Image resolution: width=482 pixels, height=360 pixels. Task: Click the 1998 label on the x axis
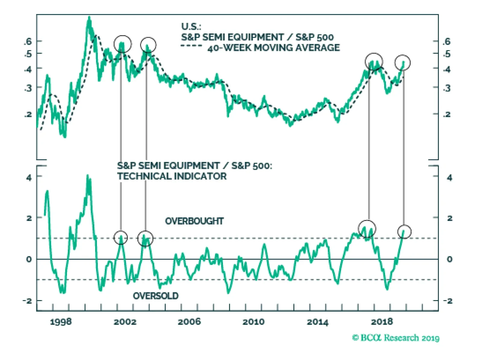click(x=61, y=321)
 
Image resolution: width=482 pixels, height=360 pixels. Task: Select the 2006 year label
click(x=189, y=321)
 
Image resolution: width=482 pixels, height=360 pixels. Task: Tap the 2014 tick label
click(x=318, y=322)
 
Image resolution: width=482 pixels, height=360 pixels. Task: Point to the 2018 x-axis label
click(x=382, y=321)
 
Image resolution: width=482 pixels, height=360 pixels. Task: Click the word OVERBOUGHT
click(x=194, y=221)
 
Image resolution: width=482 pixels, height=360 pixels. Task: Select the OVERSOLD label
click(x=156, y=296)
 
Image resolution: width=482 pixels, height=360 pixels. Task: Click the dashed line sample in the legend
click(x=191, y=46)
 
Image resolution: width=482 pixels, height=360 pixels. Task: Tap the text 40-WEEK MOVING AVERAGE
click(x=274, y=48)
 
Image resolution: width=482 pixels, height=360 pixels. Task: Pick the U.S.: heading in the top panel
click(x=191, y=26)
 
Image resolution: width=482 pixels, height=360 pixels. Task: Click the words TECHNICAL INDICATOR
click(x=172, y=176)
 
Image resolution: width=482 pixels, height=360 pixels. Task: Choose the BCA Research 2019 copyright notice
click(x=396, y=338)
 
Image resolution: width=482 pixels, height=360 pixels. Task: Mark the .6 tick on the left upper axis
click(x=28, y=41)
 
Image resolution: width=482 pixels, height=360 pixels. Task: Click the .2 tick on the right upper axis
click(x=447, y=114)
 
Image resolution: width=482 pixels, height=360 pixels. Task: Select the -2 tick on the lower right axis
click(x=448, y=301)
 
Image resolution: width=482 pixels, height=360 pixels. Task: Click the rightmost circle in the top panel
click(x=402, y=63)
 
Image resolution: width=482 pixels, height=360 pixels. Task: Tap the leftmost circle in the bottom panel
click(x=121, y=238)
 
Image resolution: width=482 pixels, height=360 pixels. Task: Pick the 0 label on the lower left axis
click(x=29, y=259)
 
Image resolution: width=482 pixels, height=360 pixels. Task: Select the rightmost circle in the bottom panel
click(x=404, y=232)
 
